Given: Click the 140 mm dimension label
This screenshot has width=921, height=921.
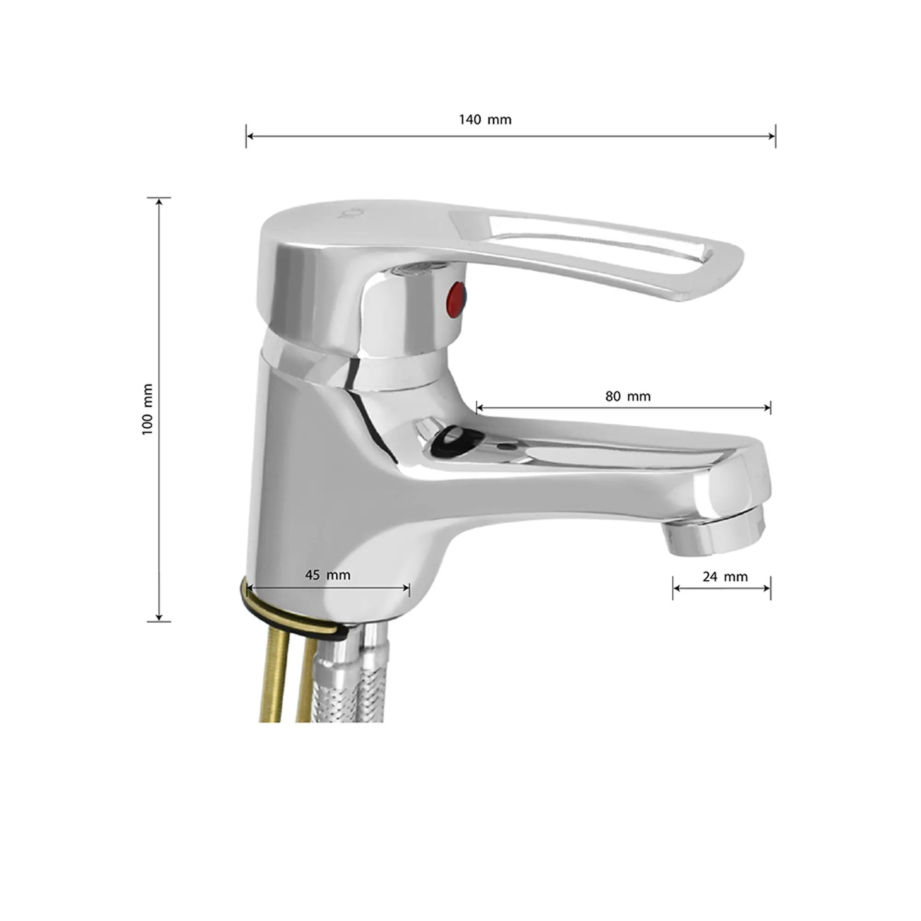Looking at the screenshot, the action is [485, 119].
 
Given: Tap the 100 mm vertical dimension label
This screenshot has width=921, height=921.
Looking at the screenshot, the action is [147, 408].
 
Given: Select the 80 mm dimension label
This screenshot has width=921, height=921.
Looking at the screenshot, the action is [627, 396].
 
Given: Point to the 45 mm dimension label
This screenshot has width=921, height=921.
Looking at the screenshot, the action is [327, 575].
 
